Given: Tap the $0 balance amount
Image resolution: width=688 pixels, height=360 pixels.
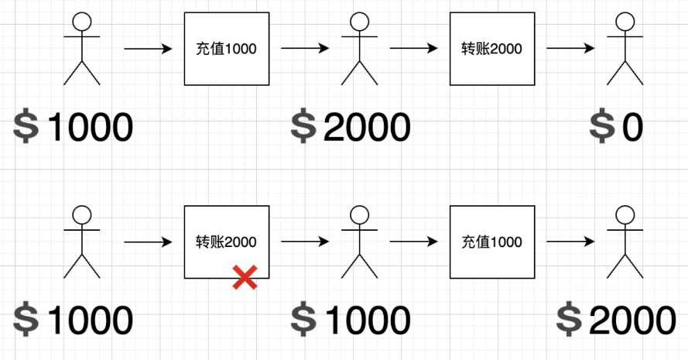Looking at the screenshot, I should (617, 127).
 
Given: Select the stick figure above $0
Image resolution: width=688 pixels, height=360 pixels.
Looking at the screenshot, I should (625, 49).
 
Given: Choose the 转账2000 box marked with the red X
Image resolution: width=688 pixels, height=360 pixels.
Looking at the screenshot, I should (226, 242).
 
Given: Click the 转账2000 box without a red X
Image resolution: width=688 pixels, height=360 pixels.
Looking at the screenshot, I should (491, 49).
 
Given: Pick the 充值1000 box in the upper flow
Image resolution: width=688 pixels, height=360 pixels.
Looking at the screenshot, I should (226, 49).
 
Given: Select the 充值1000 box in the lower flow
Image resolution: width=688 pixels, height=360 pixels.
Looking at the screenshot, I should (491, 242).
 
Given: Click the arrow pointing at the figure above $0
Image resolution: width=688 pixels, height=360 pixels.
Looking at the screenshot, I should (570, 49).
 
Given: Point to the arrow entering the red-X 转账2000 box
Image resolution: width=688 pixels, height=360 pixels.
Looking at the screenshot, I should (149, 242).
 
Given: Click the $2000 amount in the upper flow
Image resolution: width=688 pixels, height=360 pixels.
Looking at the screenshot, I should (351, 127).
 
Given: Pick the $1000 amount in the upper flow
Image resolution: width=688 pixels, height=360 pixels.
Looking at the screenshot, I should (74, 127).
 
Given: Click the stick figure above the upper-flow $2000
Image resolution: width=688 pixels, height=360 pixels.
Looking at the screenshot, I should (358, 49).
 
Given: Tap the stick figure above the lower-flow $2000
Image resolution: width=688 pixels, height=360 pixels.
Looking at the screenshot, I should (625, 242).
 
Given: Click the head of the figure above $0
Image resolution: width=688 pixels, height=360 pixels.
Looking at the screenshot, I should (625, 21).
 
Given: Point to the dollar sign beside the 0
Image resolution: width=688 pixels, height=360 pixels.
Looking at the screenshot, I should (601, 127).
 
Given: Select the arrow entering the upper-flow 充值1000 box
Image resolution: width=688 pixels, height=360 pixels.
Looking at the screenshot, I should (149, 49).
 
